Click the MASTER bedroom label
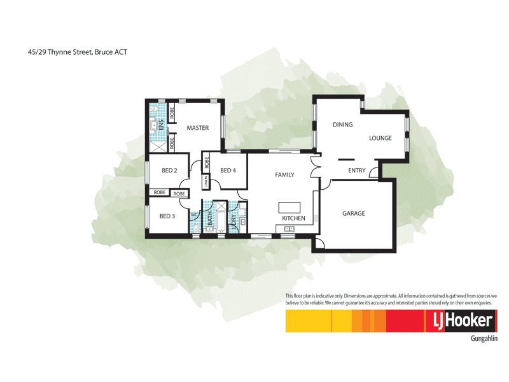pyautogui.click(x=198, y=128)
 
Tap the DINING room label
pyautogui.click(x=342, y=125)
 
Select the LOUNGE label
pyautogui.click(x=380, y=138)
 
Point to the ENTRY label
pyautogui.click(x=357, y=171)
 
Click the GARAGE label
pyautogui.click(x=354, y=213)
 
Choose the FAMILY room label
pyautogui.click(x=284, y=174)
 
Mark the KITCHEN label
pyautogui.click(x=294, y=218)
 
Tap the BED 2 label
pyautogui.click(x=169, y=171)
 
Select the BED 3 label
pyautogui.click(x=167, y=216)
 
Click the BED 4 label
pyautogui.click(x=228, y=171)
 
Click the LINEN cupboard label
pyautogui.click(x=206, y=182)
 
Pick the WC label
pyautogui.click(x=193, y=215)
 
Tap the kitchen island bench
pyautogui.click(x=288, y=208)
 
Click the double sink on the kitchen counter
pyautogui.click(x=290, y=227)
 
